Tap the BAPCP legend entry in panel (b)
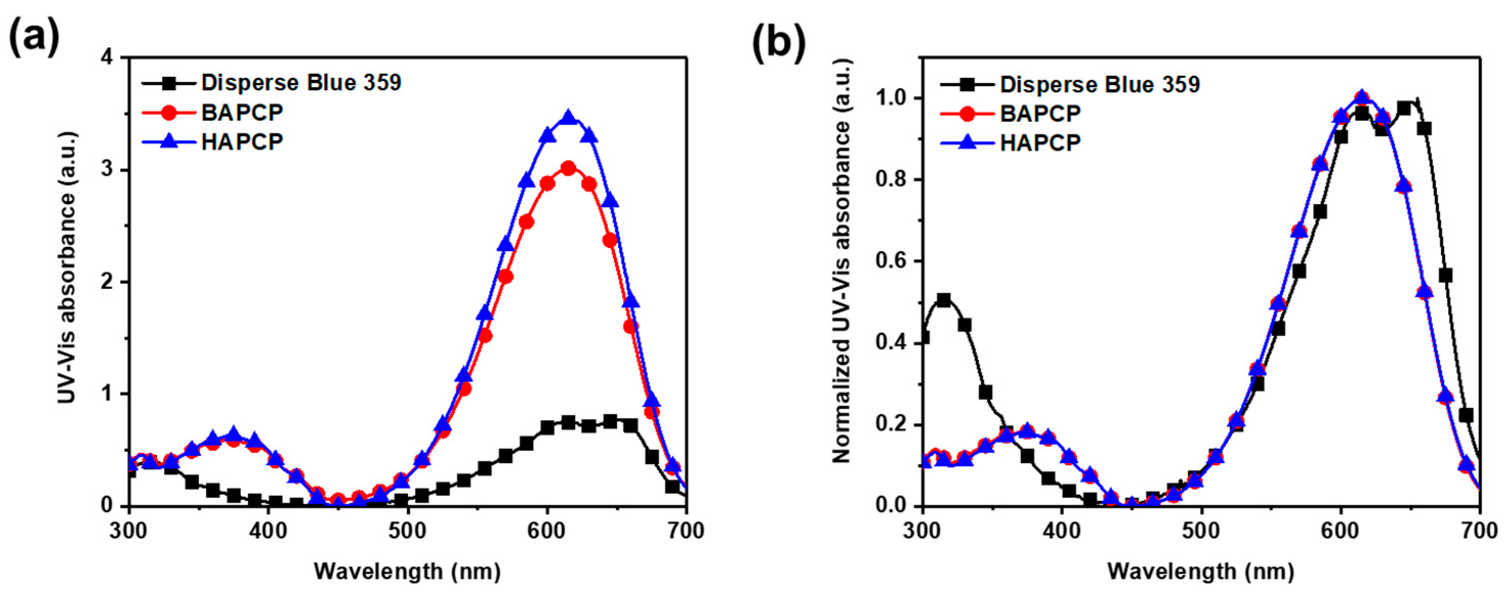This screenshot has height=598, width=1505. pyautogui.click(x=1040, y=113)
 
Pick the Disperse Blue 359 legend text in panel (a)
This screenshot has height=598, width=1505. pyautogui.click(x=301, y=83)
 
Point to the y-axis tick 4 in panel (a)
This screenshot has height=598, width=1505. pyautogui.click(x=108, y=59)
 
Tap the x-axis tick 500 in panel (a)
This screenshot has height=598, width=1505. pyautogui.click(x=408, y=530)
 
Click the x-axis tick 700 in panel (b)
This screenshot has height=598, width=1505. pyautogui.click(x=1480, y=530)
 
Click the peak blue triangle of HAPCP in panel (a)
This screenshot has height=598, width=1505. pyautogui.click(x=568, y=119)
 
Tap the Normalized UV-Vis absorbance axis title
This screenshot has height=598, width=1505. pyautogui.click(x=842, y=261)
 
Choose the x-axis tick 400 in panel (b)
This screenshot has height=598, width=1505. pyautogui.click(x=1061, y=530)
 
